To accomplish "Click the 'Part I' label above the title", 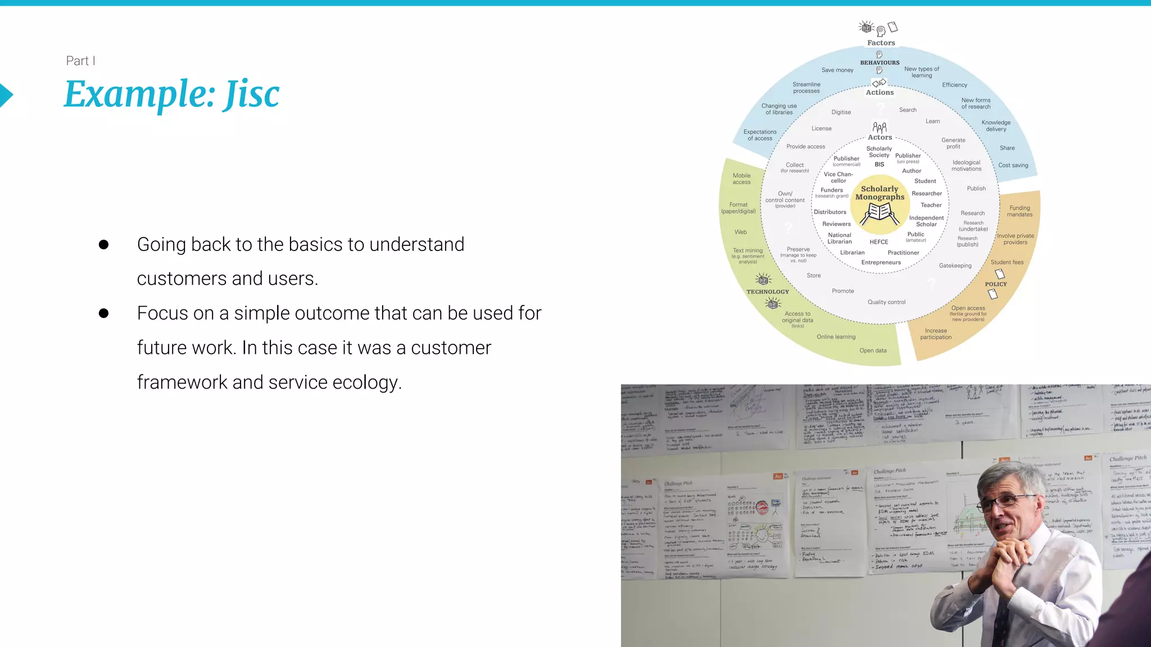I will pyautogui.click(x=80, y=61).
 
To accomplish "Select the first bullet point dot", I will pyautogui.click(x=103, y=244).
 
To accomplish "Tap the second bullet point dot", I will pyautogui.click(x=103, y=313).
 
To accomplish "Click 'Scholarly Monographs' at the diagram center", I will pyautogui.click(x=880, y=193).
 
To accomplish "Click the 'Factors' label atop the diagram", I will pyautogui.click(x=881, y=43).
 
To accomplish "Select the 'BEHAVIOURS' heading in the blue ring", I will pyautogui.click(x=880, y=62).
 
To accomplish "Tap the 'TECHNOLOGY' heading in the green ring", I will pyautogui.click(x=768, y=291).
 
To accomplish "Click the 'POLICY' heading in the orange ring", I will pyautogui.click(x=996, y=284).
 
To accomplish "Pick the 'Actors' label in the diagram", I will pyautogui.click(x=880, y=137).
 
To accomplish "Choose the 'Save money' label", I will pyautogui.click(x=837, y=70).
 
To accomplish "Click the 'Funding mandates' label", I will pyautogui.click(x=1019, y=211).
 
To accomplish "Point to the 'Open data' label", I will pyautogui.click(x=873, y=350).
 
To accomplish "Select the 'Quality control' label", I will pyautogui.click(x=886, y=302).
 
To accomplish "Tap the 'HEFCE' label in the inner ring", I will pyautogui.click(x=879, y=242).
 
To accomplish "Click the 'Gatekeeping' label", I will pyautogui.click(x=955, y=266).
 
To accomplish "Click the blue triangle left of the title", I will pyautogui.click(x=6, y=95).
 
